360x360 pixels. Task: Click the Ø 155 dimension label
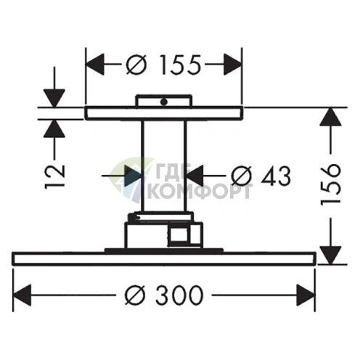click(x=163, y=65)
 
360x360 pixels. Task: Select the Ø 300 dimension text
click(x=164, y=295)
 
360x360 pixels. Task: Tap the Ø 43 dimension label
click(x=261, y=176)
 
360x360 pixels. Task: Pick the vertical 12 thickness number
click(x=54, y=175)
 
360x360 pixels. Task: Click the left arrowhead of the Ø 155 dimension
click(x=95, y=64)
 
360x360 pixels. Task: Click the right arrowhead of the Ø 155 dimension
click(x=232, y=64)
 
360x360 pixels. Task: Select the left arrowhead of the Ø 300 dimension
click(x=22, y=295)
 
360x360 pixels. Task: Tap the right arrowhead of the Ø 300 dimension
click(x=306, y=295)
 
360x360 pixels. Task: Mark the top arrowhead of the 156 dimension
click(x=330, y=117)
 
